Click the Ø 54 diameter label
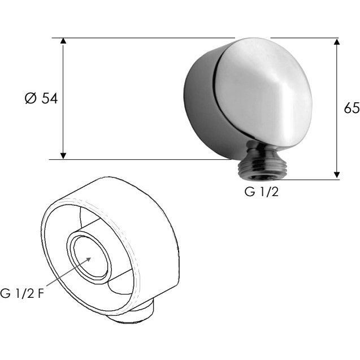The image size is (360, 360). pos(41,99)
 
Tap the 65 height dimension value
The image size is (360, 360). pos(352,108)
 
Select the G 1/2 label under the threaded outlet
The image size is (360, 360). pos(262,192)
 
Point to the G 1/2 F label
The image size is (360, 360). pos(22,293)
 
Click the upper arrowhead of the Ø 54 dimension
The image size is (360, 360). pos(63,41)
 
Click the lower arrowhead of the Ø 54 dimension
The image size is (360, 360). pos(63,156)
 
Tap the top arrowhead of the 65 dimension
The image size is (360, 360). pos(337,42)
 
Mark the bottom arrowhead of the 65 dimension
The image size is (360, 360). pos(337,175)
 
